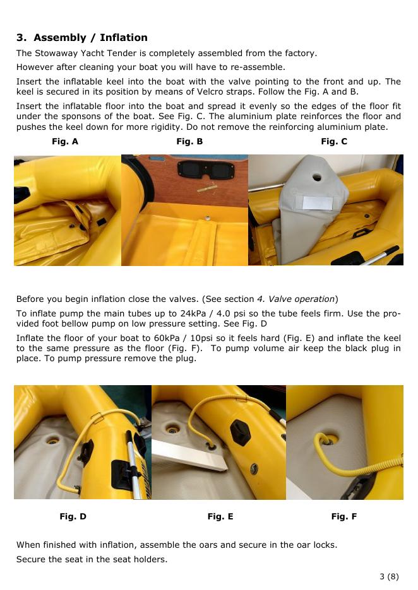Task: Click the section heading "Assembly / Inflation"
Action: click(90, 38)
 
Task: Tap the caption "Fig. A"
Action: click(65, 141)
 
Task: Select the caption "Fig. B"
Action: click(189, 141)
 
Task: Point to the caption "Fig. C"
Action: click(334, 141)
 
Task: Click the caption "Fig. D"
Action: click(73, 516)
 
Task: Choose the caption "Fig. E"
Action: click(220, 516)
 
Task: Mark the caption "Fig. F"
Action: click(343, 516)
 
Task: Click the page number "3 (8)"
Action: click(389, 577)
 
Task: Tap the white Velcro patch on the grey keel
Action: click(318, 203)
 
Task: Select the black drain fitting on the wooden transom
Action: click(206, 170)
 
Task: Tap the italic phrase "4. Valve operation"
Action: click(296, 299)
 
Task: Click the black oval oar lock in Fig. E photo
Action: click(240, 432)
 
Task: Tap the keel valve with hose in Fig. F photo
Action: click(329, 439)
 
